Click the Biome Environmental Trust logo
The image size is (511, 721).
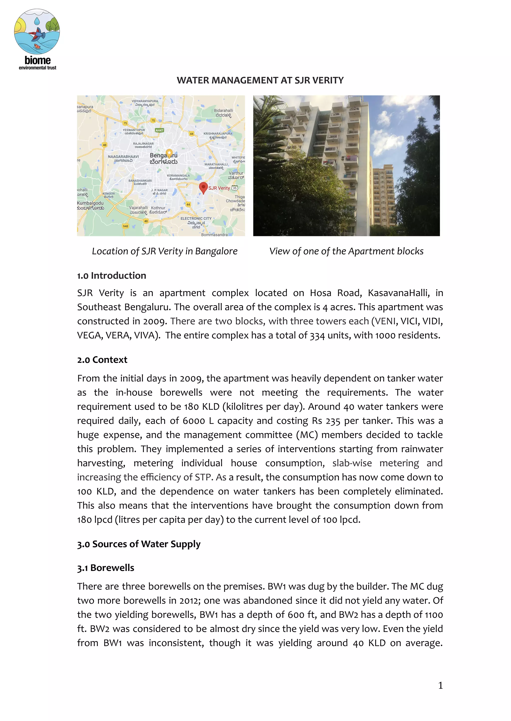[37, 39]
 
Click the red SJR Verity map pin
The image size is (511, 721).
[203, 187]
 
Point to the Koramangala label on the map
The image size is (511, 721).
[178, 176]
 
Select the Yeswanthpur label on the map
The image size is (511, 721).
[134, 130]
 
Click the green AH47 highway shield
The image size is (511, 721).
[159, 130]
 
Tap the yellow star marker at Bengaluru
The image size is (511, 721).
[169, 153]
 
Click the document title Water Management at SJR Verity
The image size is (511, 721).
[260, 80]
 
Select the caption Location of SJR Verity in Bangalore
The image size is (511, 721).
[165, 251]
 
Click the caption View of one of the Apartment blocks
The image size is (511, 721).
[346, 251]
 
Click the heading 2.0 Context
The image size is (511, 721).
[102, 360]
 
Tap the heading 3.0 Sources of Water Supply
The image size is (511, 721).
[139, 544]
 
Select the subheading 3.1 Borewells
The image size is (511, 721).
[106, 568]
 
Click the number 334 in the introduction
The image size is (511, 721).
[317, 336]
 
